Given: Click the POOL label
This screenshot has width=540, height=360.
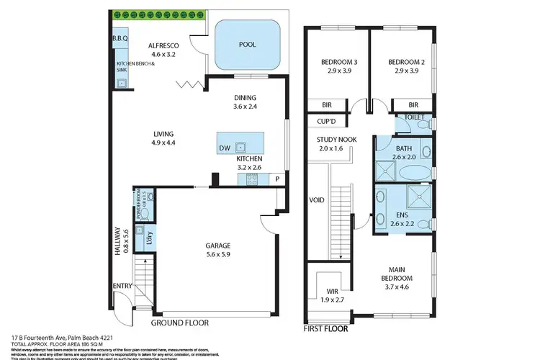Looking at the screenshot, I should click(x=247, y=44).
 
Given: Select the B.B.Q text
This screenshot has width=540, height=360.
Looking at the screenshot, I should click(x=120, y=38).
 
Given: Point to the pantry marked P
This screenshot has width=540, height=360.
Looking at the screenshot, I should click(x=276, y=179).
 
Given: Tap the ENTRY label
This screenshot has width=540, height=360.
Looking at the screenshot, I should click(x=122, y=286).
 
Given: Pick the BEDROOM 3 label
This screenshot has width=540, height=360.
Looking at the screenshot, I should click(x=339, y=62).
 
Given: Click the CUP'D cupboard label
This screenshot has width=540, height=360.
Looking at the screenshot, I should click(x=318, y=122).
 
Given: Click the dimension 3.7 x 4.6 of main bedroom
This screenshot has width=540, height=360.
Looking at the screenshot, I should click(x=396, y=287).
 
